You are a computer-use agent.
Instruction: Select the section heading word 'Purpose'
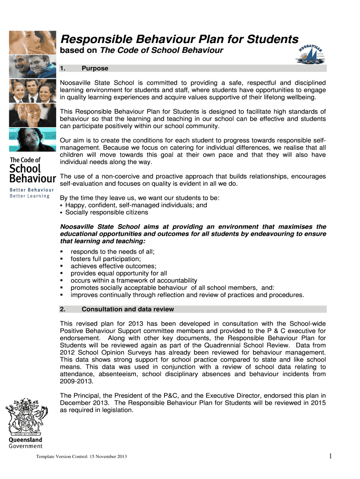point(95,68)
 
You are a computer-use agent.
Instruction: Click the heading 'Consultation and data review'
point(128,309)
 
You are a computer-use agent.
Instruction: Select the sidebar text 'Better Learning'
point(30,196)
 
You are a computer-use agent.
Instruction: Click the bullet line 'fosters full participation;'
point(105,259)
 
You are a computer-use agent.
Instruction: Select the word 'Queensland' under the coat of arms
point(26,440)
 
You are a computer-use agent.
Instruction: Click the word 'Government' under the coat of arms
point(26,446)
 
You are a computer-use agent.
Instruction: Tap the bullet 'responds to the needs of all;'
point(112,252)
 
